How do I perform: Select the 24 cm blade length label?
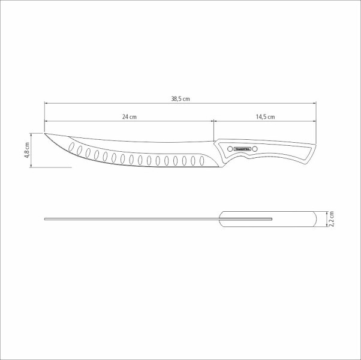tap(129, 116)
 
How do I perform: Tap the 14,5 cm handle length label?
tap(265, 116)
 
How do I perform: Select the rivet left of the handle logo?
tap(228, 148)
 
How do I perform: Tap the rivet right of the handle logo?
tap(254, 148)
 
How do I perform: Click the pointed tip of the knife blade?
tap(46, 133)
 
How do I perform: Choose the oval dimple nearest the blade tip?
tap(72, 147)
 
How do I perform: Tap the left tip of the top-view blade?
tap(46, 219)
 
